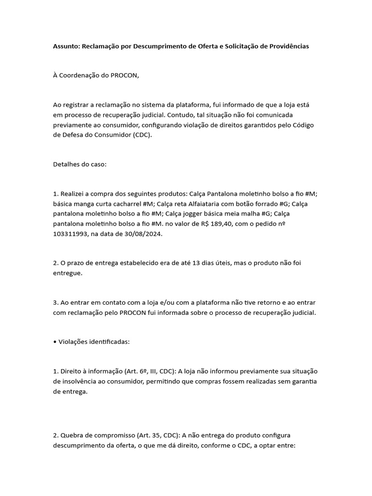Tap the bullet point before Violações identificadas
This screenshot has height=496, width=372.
click(55, 341)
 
